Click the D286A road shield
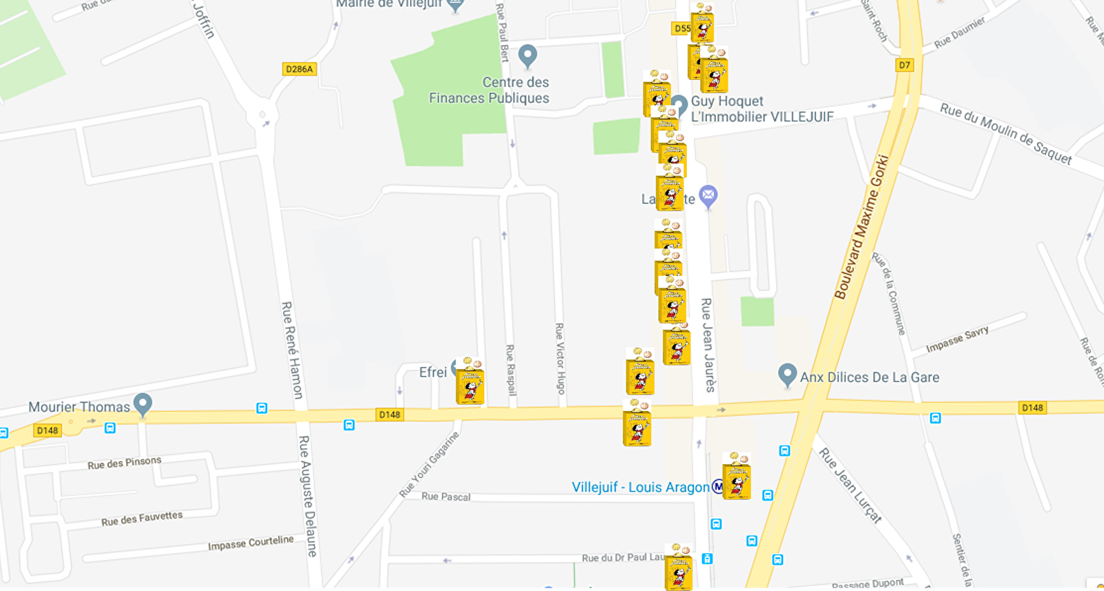tap(300, 69)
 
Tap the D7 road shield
tap(904, 66)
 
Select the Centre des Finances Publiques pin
tap(527, 56)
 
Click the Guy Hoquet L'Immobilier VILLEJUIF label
tap(762, 109)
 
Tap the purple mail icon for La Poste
tap(708, 197)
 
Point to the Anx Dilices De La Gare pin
tap(787, 375)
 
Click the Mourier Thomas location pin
tap(143, 404)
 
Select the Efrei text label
tap(433, 372)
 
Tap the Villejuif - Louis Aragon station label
tap(640, 488)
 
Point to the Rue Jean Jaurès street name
tap(708, 345)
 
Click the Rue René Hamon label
tap(291, 350)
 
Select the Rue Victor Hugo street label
tap(560, 359)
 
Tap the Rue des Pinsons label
tap(124, 463)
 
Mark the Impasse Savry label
tap(957, 339)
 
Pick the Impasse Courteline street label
tap(251, 543)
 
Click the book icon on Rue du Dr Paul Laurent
tap(678, 568)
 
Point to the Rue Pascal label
tap(446, 497)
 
